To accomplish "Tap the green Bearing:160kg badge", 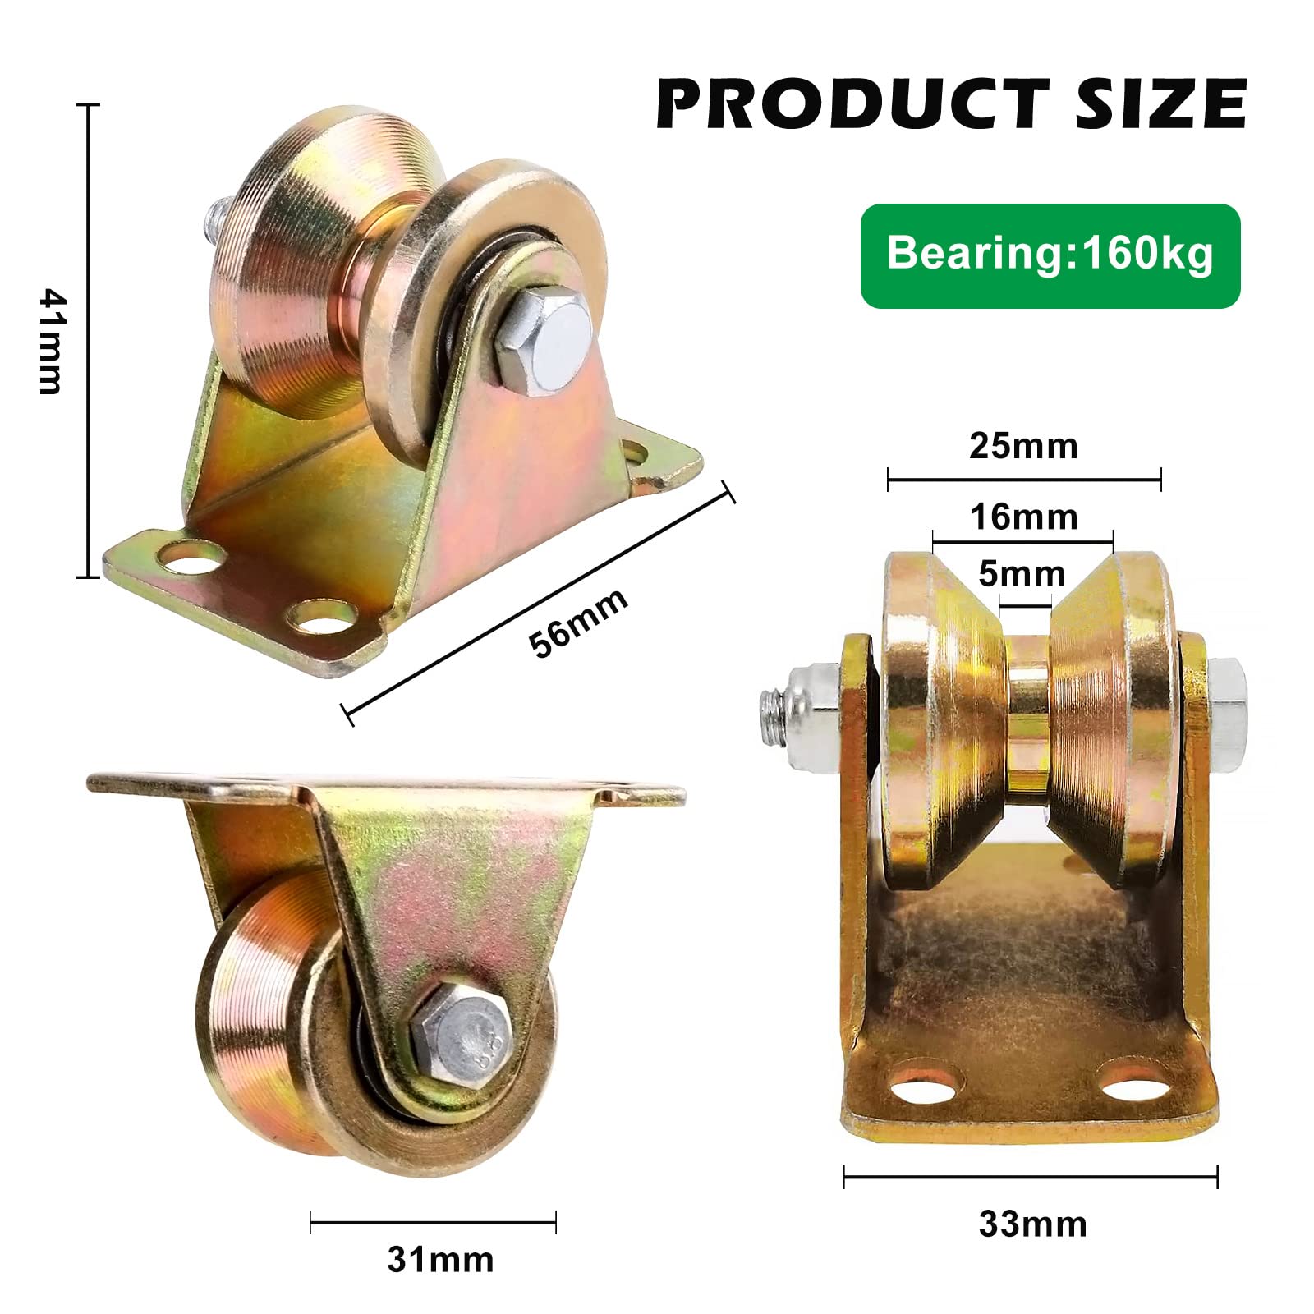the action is (x=1050, y=255).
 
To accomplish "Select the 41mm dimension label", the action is (x=51, y=341).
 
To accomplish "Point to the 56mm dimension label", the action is (x=578, y=622).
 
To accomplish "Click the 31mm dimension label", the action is (x=440, y=1259).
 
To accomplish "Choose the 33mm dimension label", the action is (x=1033, y=1224).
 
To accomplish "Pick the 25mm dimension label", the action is (x=1023, y=445).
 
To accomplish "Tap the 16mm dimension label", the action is (x=1023, y=517).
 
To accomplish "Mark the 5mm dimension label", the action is (x=1022, y=573).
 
